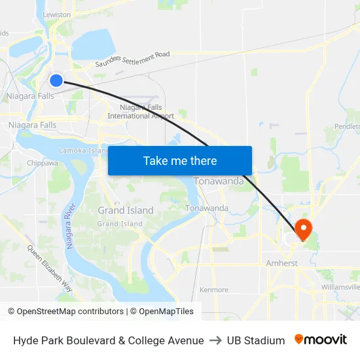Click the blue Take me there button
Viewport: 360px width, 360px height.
click(x=180, y=160)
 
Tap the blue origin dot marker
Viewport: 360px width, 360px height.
click(x=56, y=80)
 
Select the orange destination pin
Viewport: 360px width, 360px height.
click(x=304, y=229)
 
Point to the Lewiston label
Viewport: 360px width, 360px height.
click(x=57, y=14)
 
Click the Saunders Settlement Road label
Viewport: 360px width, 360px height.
click(x=132, y=59)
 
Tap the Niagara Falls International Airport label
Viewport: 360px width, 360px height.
click(x=141, y=112)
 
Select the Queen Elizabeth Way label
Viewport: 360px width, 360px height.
click(x=49, y=268)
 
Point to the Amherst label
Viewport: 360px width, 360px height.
click(x=282, y=263)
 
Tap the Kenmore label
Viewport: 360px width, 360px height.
click(x=214, y=290)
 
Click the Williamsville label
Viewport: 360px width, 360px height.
click(x=340, y=287)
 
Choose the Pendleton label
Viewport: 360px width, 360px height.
click(x=347, y=125)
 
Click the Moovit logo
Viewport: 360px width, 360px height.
click(x=321, y=340)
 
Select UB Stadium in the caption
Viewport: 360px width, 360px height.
click(x=256, y=340)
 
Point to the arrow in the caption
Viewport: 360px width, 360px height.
click(x=215, y=340)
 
